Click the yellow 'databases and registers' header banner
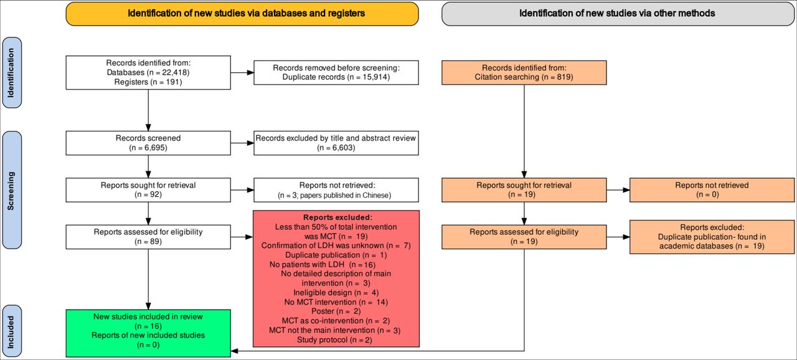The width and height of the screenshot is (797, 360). (242, 14)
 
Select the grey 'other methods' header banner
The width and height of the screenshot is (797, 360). (618, 14)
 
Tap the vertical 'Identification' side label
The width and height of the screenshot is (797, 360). (12, 73)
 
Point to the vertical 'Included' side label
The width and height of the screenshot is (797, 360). (12, 331)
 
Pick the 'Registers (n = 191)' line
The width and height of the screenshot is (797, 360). (148, 82)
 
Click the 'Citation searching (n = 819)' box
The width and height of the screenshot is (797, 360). (524, 73)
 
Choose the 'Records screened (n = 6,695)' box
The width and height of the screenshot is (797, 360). (148, 143)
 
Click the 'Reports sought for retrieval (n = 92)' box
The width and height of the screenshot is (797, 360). (148, 190)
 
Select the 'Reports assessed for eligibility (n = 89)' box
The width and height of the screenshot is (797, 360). (148, 237)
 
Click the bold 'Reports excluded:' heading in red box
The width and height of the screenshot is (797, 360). (337, 217)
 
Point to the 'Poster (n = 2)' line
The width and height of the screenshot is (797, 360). (336, 311)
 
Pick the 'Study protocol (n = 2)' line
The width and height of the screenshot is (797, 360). (334, 339)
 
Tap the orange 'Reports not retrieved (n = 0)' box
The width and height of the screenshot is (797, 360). (712, 190)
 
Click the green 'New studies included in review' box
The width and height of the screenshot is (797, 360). (148, 333)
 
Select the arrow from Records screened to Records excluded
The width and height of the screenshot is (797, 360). (242, 143)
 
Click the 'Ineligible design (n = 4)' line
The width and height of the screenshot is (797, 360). (336, 293)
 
